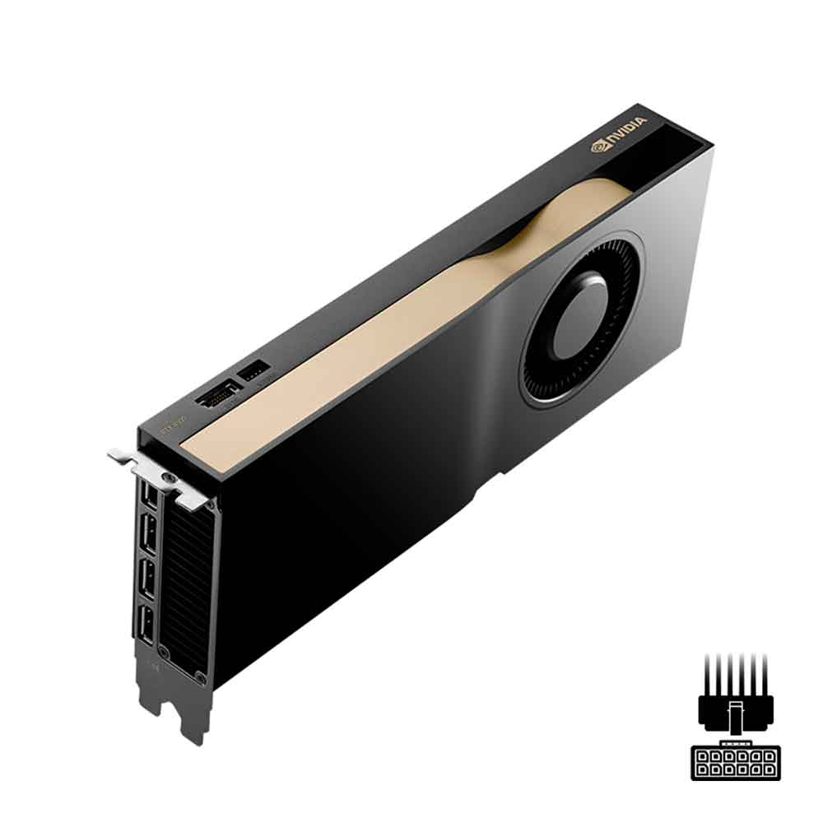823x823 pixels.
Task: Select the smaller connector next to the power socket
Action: [x=253, y=375]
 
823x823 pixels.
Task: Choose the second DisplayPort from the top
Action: [x=150, y=533]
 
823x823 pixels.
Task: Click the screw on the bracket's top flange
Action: [x=170, y=478]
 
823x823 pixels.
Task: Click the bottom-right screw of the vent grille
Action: [x=200, y=677]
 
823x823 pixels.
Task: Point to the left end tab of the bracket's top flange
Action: [x=118, y=453]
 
